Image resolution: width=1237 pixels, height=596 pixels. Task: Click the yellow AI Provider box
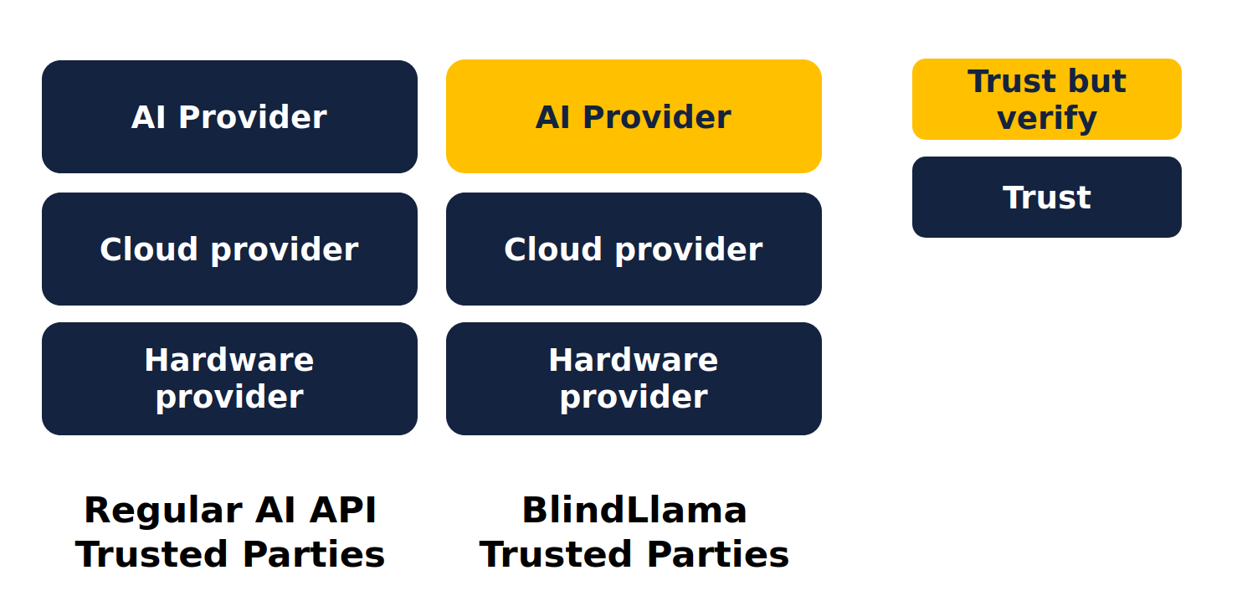pos(634,116)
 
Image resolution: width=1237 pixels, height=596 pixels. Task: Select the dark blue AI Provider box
pos(229,116)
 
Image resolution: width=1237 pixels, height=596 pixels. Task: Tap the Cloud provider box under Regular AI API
pos(229,249)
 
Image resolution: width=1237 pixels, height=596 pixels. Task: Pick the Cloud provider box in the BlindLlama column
pos(634,249)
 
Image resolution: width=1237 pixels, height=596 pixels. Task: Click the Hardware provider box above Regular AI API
pos(229,378)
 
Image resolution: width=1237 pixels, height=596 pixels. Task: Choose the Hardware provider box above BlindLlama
pos(634,378)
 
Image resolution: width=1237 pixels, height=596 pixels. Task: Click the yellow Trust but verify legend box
pos(1046,99)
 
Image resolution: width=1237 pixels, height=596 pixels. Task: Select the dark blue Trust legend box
pos(1046,197)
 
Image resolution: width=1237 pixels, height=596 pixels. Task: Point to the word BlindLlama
pos(634,510)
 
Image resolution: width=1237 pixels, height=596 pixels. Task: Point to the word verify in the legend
pos(1046,118)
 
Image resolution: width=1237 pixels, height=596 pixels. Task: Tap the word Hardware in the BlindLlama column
pos(634,360)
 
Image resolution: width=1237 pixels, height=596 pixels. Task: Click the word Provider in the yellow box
pos(656,117)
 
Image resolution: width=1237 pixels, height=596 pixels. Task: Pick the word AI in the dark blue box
pos(148,117)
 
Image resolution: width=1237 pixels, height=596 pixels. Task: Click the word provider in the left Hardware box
pos(229,397)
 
